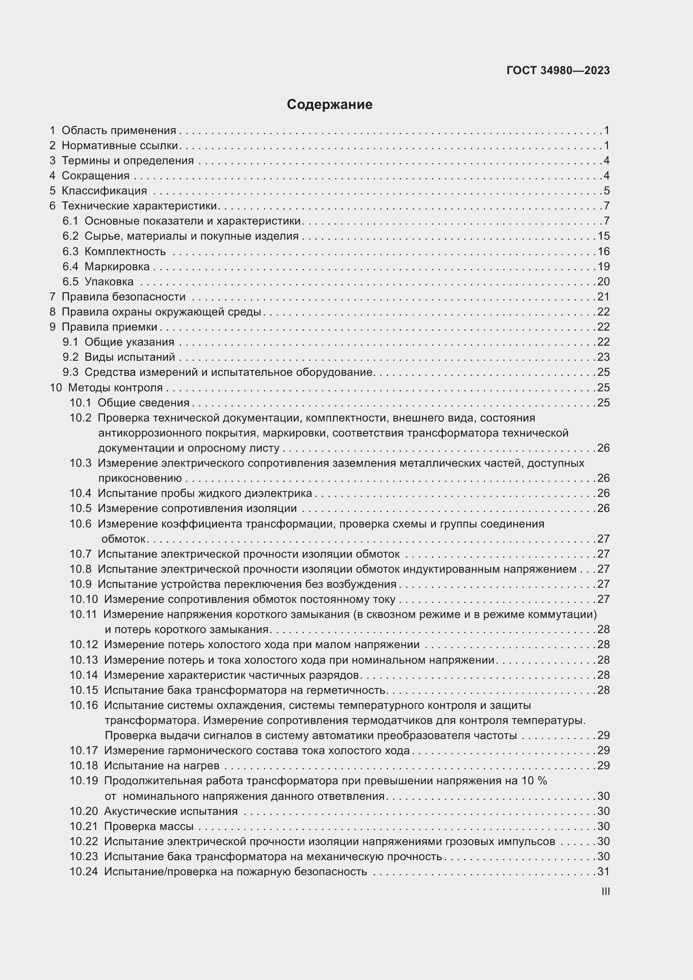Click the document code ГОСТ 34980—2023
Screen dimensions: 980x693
(x=558, y=70)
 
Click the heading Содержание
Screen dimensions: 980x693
(x=329, y=105)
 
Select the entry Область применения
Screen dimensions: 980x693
(x=119, y=131)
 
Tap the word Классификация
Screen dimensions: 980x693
(x=104, y=191)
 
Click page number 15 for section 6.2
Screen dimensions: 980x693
(x=603, y=236)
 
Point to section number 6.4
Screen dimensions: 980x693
(x=70, y=267)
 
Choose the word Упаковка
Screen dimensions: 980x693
(x=109, y=282)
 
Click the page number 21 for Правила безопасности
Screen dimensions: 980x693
(x=603, y=297)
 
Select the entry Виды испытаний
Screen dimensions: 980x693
(x=130, y=357)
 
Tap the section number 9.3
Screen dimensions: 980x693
(x=70, y=372)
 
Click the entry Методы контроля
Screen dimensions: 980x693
(x=115, y=388)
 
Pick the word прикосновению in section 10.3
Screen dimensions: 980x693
(x=140, y=478)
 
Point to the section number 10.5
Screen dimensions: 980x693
(x=80, y=508)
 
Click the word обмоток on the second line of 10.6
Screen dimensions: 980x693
(x=124, y=539)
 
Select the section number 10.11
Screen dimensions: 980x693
(x=83, y=614)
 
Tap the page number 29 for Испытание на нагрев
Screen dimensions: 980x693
(x=603, y=765)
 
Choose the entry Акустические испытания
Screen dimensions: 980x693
(x=171, y=811)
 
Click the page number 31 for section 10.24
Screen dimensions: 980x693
(x=603, y=871)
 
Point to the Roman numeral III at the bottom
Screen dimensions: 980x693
(x=605, y=891)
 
